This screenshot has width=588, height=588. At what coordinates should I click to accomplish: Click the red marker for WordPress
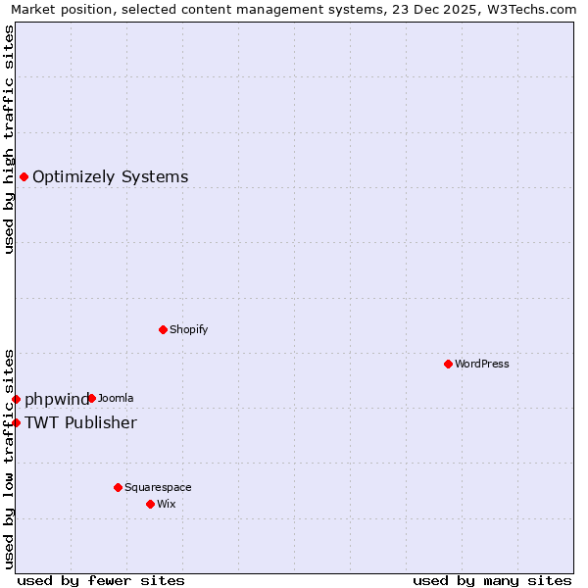pos(448,364)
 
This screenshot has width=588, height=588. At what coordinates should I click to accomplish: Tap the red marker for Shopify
pos(163,329)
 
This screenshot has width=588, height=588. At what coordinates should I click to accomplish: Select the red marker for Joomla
pos(91,398)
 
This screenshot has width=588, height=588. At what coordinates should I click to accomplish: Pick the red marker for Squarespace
pos(118,487)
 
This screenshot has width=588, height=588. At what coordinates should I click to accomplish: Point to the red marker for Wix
pos(150,504)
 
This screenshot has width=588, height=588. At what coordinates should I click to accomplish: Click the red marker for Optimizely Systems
pos(24,176)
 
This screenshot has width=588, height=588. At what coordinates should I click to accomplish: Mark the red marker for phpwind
pos(16,399)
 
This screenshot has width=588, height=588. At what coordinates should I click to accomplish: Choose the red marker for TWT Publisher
pos(16,422)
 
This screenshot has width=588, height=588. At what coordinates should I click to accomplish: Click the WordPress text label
pos(482,364)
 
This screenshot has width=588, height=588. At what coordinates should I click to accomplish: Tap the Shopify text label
pos(189,329)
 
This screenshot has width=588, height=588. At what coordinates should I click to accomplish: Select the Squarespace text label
pos(158,487)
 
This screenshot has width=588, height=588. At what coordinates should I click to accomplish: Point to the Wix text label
pos(167,504)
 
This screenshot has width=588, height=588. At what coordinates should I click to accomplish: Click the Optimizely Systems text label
pos(111,176)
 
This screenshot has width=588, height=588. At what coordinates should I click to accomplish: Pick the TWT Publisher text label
pos(80,422)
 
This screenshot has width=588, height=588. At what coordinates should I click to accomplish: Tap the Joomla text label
pos(116,398)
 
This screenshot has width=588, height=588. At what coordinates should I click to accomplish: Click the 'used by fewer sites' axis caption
pos(101,580)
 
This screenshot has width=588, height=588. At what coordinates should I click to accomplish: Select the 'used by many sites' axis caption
pos(492,580)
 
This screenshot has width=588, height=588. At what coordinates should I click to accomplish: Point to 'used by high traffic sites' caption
pos(9,139)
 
